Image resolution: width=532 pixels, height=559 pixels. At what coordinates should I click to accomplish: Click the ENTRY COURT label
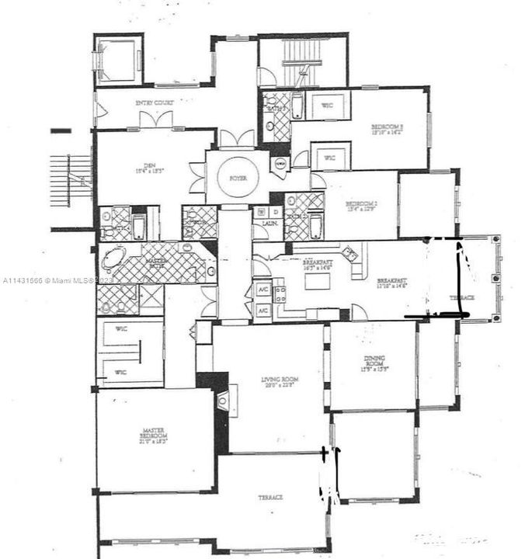[x=154, y=102]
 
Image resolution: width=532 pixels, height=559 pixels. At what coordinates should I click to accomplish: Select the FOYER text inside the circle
[x=238, y=179]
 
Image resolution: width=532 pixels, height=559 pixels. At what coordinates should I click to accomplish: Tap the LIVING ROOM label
[x=280, y=382]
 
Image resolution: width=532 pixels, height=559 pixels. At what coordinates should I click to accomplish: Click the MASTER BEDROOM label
[x=155, y=435]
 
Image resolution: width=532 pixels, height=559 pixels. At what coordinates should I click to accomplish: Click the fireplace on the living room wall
[x=224, y=401]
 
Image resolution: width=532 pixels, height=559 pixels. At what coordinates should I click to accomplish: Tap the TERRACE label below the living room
[x=270, y=496]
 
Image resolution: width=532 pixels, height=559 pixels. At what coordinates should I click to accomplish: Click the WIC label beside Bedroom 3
[x=329, y=108]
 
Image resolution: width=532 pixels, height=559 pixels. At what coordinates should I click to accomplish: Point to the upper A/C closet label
[x=263, y=290]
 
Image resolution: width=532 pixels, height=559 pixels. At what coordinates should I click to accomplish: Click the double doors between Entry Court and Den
[x=155, y=120]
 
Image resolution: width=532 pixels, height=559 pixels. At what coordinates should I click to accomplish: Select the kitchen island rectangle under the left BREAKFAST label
[x=317, y=281]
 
